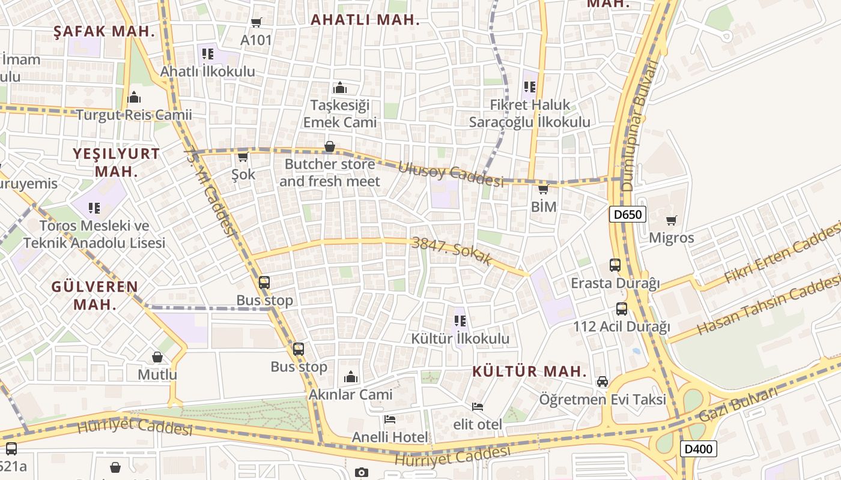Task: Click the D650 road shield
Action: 628,214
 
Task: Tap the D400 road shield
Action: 699,448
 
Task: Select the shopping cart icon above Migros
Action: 671,220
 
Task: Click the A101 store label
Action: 256,40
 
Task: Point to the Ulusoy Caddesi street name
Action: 451,173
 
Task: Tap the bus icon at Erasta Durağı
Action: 615,265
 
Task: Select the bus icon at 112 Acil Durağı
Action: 621,309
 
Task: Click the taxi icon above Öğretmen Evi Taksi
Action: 602,382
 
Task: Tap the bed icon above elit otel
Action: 478,407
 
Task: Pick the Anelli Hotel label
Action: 390,437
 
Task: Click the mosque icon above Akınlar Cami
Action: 351,377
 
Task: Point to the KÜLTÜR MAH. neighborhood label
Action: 529,371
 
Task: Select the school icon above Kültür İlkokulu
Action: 460,321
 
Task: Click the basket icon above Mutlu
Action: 157,357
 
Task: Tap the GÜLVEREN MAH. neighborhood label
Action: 94,295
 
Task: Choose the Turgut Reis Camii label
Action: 134,115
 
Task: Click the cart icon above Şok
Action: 243,157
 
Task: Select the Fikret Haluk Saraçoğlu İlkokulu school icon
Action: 529,87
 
